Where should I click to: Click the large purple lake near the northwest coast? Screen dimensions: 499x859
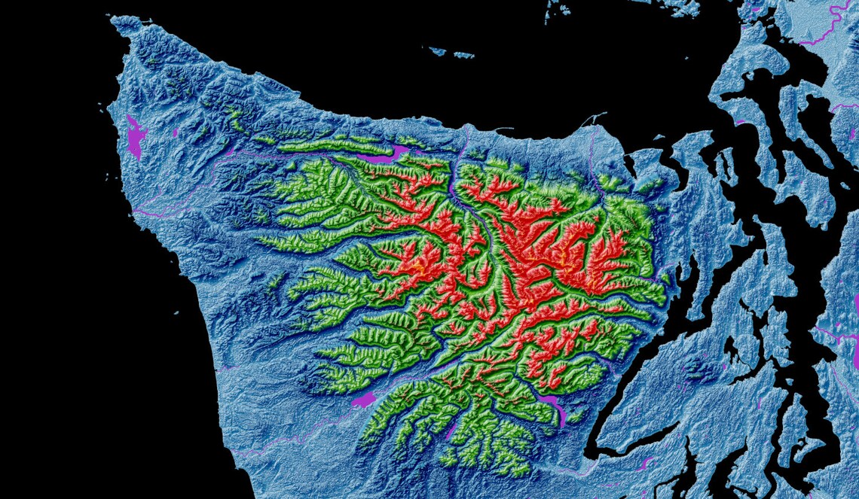(x=135, y=137)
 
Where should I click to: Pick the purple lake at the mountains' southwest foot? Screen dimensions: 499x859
(x=364, y=400)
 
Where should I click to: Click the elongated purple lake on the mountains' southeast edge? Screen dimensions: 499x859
(x=558, y=411)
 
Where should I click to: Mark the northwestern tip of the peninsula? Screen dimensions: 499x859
(x=117, y=21)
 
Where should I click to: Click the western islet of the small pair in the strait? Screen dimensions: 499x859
(x=436, y=51)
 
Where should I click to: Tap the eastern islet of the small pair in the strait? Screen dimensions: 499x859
(x=463, y=55)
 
